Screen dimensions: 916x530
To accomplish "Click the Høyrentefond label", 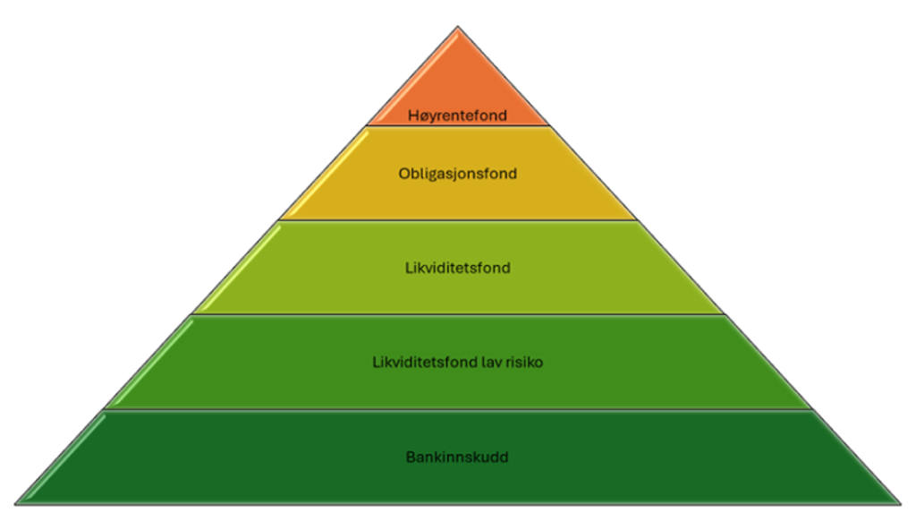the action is coord(457,115).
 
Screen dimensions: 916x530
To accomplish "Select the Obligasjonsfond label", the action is coord(457,174).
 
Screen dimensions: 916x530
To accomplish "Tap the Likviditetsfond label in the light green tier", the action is coord(457,268).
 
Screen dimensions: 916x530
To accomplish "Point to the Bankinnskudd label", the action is coord(457,457).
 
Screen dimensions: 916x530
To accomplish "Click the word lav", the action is coord(492,362).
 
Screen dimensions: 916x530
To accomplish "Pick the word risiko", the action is coord(524,362).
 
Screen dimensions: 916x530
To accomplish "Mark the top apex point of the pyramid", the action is coord(458,26).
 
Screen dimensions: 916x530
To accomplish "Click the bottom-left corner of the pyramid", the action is coord(15,504).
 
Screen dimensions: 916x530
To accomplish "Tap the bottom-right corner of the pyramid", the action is coord(901,504).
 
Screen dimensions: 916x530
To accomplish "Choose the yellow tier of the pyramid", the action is coord(458,173).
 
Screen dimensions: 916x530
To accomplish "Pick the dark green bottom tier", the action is coord(458,457).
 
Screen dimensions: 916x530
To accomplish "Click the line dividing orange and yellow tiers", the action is coord(458,125).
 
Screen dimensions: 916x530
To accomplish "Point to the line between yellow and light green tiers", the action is coord(458,220).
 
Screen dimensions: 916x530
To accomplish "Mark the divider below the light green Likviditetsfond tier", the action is coord(458,315).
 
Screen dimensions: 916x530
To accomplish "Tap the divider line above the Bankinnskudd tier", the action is coord(458,409).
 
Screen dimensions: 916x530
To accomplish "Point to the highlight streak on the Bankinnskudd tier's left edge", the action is coord(64,457).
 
